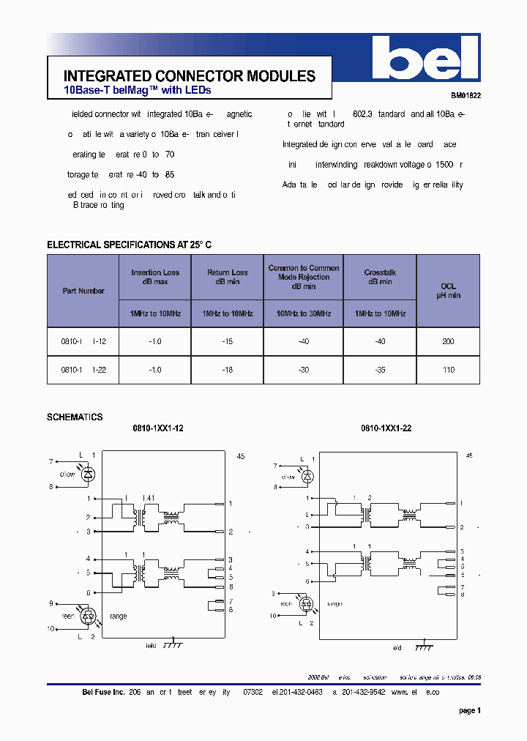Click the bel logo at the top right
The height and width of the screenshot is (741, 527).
(425, 58)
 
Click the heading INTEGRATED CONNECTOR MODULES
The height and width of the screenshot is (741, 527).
(190, 76)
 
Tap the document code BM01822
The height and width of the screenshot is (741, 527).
(466, 95)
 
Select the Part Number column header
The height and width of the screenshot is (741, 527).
(83, 291)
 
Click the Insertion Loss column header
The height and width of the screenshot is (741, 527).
(155, 277)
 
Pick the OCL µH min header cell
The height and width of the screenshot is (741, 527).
(448, 291)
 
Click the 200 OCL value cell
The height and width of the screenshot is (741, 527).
(448, 341)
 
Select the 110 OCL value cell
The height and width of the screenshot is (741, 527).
(448, 370)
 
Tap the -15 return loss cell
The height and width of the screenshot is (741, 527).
(227, 341)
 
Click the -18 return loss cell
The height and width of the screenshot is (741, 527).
(227, 370)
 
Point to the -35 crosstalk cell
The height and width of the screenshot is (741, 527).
(379, 370)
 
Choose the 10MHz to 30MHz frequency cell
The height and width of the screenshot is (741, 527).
(303, 313)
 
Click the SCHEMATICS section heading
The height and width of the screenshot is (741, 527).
(75, 417)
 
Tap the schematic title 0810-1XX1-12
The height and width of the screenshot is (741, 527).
(157, 428)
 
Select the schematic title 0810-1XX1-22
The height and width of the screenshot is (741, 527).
(386, 428)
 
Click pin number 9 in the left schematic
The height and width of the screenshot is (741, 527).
(51, 603)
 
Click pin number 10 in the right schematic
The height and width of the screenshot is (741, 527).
(273, 616)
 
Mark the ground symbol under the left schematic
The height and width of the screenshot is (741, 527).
(173, 645)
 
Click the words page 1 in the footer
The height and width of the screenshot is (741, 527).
(469, 710)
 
